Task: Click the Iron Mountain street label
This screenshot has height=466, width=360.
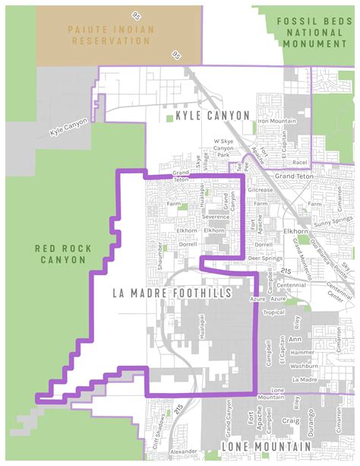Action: [276, 121]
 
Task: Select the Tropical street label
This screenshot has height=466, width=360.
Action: [272, 312]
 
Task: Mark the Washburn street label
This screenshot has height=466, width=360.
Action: [303, 366]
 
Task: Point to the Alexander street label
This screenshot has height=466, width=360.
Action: [185, 451]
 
